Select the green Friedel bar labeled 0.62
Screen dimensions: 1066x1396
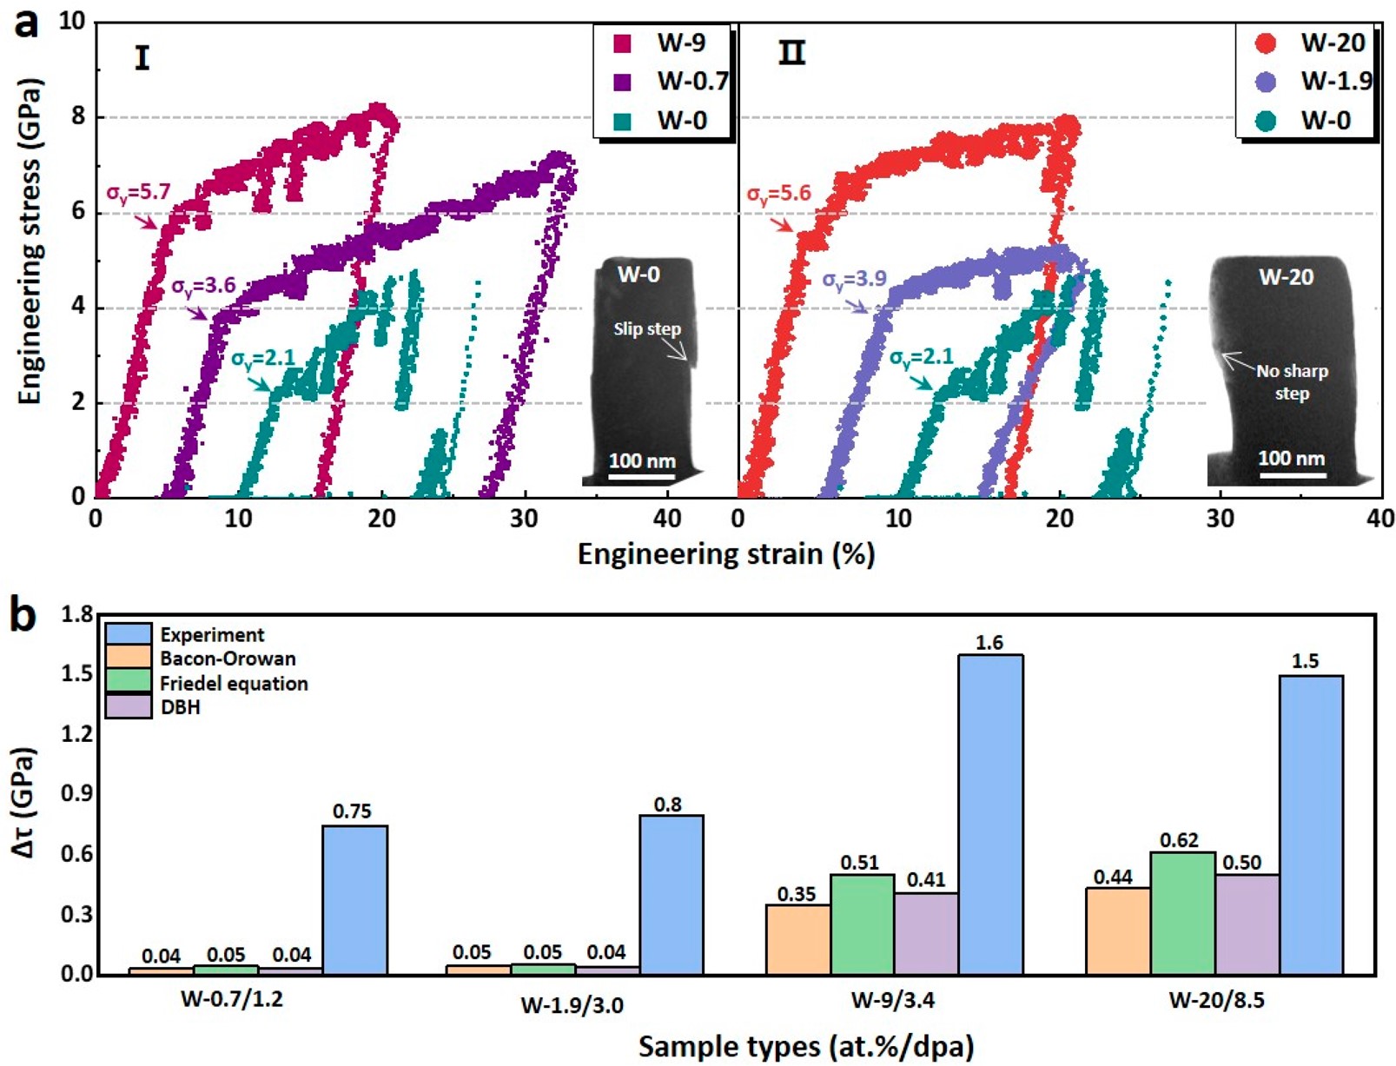tap(1182, 913)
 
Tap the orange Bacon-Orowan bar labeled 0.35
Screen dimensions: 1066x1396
tap(797, 939)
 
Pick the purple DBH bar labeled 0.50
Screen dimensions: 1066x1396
tap(1247, 924)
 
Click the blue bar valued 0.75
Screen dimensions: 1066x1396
tap(354, 899)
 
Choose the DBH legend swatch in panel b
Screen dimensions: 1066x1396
tap(129, 707)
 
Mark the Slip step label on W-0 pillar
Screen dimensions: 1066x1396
tap(647, 329)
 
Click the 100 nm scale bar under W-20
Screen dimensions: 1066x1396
tap(1292, 474)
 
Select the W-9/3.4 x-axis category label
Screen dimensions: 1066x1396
tap(892, 1000)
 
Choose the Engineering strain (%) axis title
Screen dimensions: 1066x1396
tap(725, 554)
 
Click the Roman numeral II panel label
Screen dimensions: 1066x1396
tap(791, 54)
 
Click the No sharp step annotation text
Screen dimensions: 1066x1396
tap(1292, 381)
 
